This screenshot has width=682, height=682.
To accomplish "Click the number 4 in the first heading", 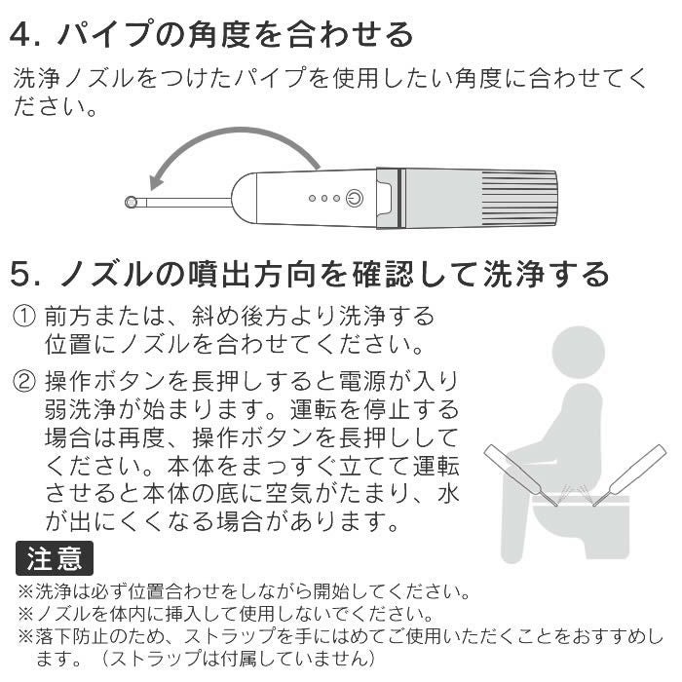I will click(22, 35).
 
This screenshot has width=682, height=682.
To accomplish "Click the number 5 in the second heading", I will click(22, 274).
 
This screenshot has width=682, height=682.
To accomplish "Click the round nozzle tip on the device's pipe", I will click(132, 202).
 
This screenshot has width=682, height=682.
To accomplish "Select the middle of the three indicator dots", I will click(324, 198).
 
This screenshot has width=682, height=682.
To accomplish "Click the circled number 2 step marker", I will click(23, 380).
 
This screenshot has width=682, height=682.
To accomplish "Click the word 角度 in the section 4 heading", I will click(240, 35).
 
